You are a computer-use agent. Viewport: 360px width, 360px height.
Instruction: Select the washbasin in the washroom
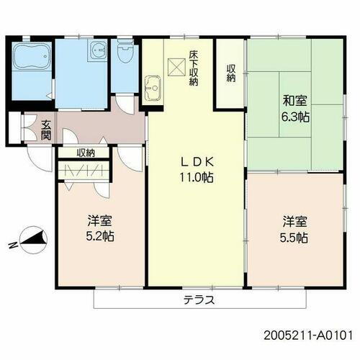pyautogui.click(x=96, y=51)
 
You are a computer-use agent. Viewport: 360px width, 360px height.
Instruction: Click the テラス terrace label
pyautogui.click(x=199, y=300)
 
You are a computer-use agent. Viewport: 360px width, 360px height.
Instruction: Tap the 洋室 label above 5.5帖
pyautogui.click(x=294, y=220)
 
